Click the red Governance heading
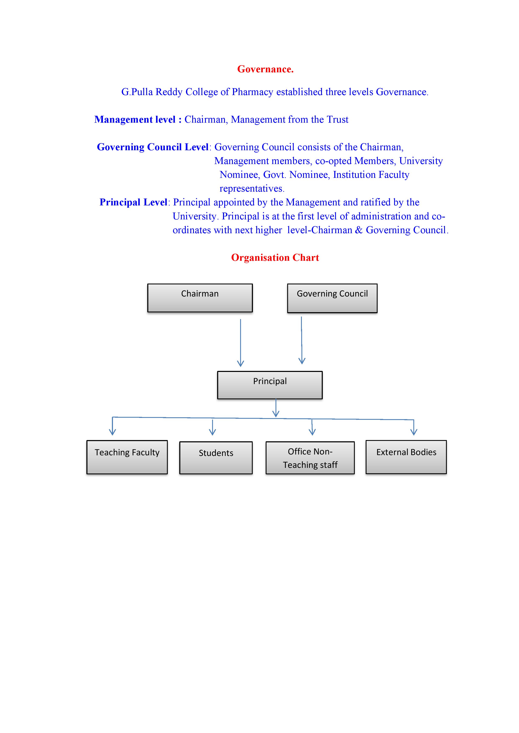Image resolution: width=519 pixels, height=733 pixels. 265,69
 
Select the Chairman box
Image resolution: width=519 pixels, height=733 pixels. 200,298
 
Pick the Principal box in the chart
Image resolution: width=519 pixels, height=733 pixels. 270,385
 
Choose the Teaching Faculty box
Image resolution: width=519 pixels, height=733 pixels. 127,457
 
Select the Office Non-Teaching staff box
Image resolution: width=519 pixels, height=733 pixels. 310,458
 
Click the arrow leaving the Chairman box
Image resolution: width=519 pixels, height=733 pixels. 241,342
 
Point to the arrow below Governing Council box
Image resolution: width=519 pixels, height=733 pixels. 302,340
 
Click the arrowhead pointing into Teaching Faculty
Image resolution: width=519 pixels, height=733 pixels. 112,432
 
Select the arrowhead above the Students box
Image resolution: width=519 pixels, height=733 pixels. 213,432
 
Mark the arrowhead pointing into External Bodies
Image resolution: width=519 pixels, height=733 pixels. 414,432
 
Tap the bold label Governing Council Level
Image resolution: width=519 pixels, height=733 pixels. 153,147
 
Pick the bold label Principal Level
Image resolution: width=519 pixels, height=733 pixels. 133,202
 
